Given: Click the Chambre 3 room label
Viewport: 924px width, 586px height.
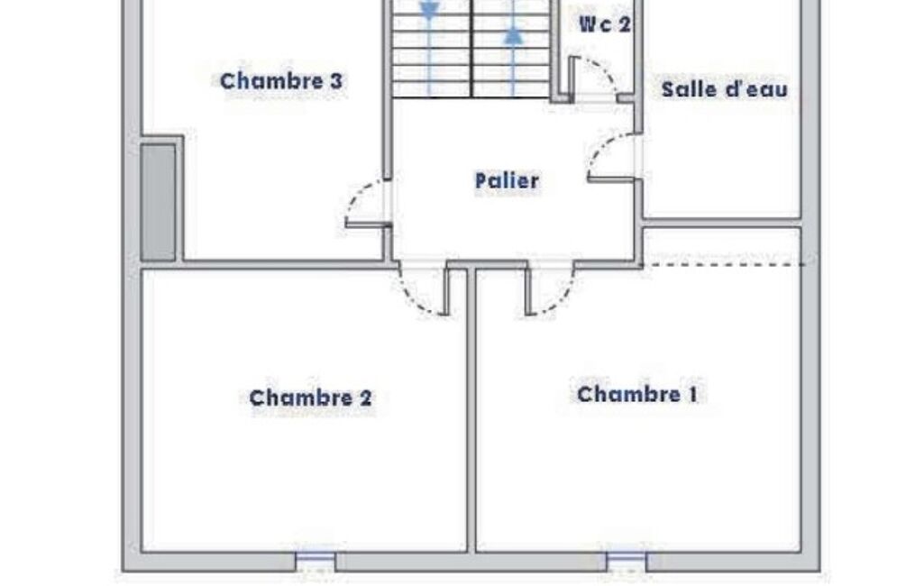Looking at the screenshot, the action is (280, 81).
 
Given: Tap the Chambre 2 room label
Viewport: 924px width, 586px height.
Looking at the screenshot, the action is (310, 398).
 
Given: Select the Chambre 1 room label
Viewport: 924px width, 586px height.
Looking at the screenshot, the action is (637, 394).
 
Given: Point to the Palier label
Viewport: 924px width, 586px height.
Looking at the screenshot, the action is (507, 181).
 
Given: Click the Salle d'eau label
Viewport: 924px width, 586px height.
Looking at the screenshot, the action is (724, 89).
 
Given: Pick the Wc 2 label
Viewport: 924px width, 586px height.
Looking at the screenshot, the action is (605, 24).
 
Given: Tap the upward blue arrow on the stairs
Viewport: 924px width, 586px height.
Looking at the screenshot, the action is (514, 35).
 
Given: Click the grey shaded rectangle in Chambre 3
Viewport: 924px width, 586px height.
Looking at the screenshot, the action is (158, 202).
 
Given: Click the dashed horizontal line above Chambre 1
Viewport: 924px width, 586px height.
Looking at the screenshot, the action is (725, 265).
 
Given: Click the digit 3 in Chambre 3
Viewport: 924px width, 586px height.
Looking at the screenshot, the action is (336, 81).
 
